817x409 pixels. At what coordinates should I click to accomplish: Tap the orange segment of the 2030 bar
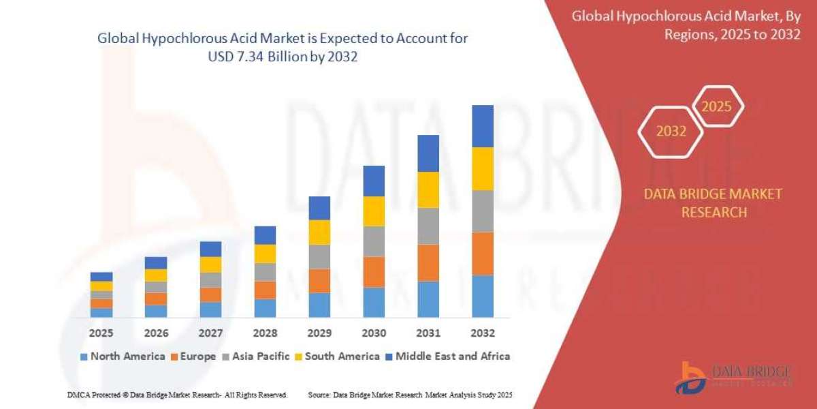point(374,271)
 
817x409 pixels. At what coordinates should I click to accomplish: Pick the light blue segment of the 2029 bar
point(319,305)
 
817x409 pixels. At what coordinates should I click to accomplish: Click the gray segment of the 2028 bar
point(265,272)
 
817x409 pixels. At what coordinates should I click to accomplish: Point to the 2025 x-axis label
point(101,333)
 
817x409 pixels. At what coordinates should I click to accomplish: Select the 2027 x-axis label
point(210,333)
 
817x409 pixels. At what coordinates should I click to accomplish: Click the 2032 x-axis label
point(482,333)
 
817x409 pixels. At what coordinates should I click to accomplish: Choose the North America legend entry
point(123,356)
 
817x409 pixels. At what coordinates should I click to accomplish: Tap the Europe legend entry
point(194,356)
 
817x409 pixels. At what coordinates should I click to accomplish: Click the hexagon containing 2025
point(716,106)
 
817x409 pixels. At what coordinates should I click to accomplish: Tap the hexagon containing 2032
point(671,132)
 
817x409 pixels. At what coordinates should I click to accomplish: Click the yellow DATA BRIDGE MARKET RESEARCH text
point(713,203)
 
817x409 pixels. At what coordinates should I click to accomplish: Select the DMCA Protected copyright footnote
point(177,395)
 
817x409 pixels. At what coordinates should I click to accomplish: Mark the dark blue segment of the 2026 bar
point(156,262)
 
